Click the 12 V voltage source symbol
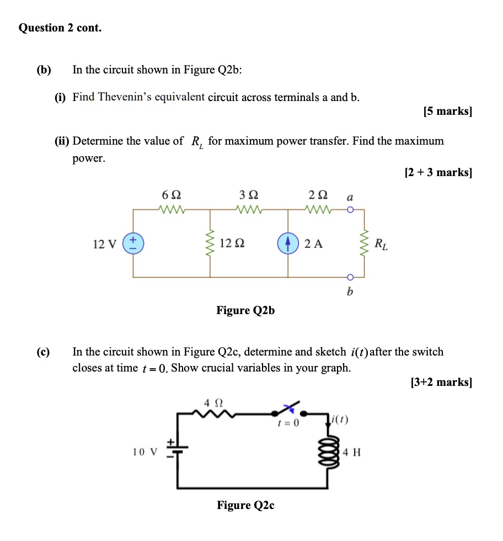click(132, 244)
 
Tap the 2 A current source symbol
click(287, 244)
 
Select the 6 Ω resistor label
click(172, 195)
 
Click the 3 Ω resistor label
click(249, 195)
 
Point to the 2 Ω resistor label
click(318, 195)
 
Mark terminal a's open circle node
click(349, 210)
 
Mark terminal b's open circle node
click(349, 277)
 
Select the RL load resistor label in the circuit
click(381, 244)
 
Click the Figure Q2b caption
click(245, 310)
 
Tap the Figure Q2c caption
click(245, 505)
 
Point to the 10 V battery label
click(144, 452)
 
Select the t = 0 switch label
click(288, 423)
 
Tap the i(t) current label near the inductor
click(339, 420)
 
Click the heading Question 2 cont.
click(60, 28)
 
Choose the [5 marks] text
click(448, 112)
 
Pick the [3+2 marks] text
click(442, 381)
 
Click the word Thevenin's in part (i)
click(125, 97)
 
